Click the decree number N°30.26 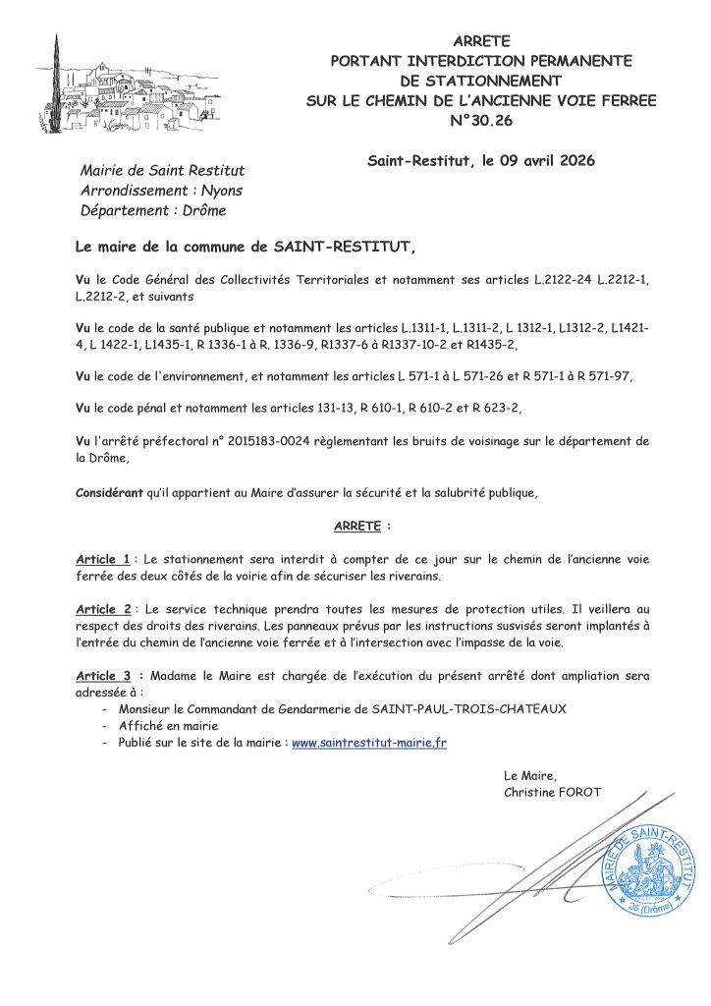pyautogui.click(x=481, y=121)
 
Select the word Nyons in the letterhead pyautogui.click(x=221, y=191)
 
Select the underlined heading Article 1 pyautogui.click(x=102, y=559)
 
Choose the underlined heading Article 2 pyautogui.click(x=103, y=609)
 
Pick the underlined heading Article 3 pyautogui.click(x=103, y=676)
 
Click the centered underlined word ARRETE pyautogui.click(x=356, y=527)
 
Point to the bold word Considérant pyautogui.click(x=109, y=491)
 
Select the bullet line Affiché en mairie pyautogui.click(x=161, y=726)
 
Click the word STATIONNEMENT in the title pyautogui.click(x=481, y=81)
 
